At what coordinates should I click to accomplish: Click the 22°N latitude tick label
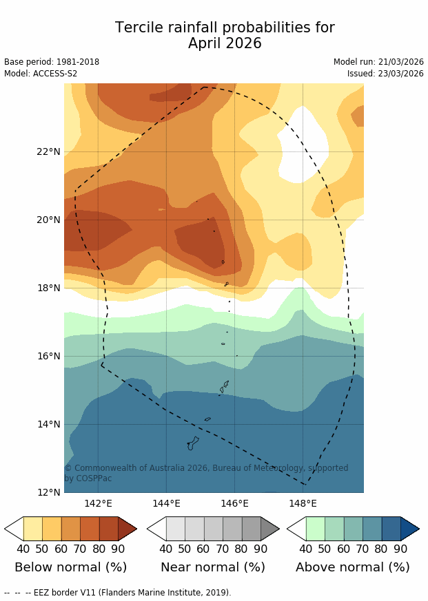point(48,151)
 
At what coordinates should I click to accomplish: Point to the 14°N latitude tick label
point(48,424)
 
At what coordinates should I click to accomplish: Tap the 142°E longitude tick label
point(98,503)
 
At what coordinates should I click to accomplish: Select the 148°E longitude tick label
point(303,503)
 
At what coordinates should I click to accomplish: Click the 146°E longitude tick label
point(234,503)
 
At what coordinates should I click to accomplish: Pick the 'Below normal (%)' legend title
point(70,567)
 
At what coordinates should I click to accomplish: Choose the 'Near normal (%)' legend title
point(213,567)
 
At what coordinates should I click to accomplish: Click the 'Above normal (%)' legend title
point(353,567)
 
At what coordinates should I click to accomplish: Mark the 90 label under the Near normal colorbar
point(261,549)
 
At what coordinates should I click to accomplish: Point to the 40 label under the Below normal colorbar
point(23,549)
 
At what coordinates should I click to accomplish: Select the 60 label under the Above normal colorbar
point(344,549)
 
